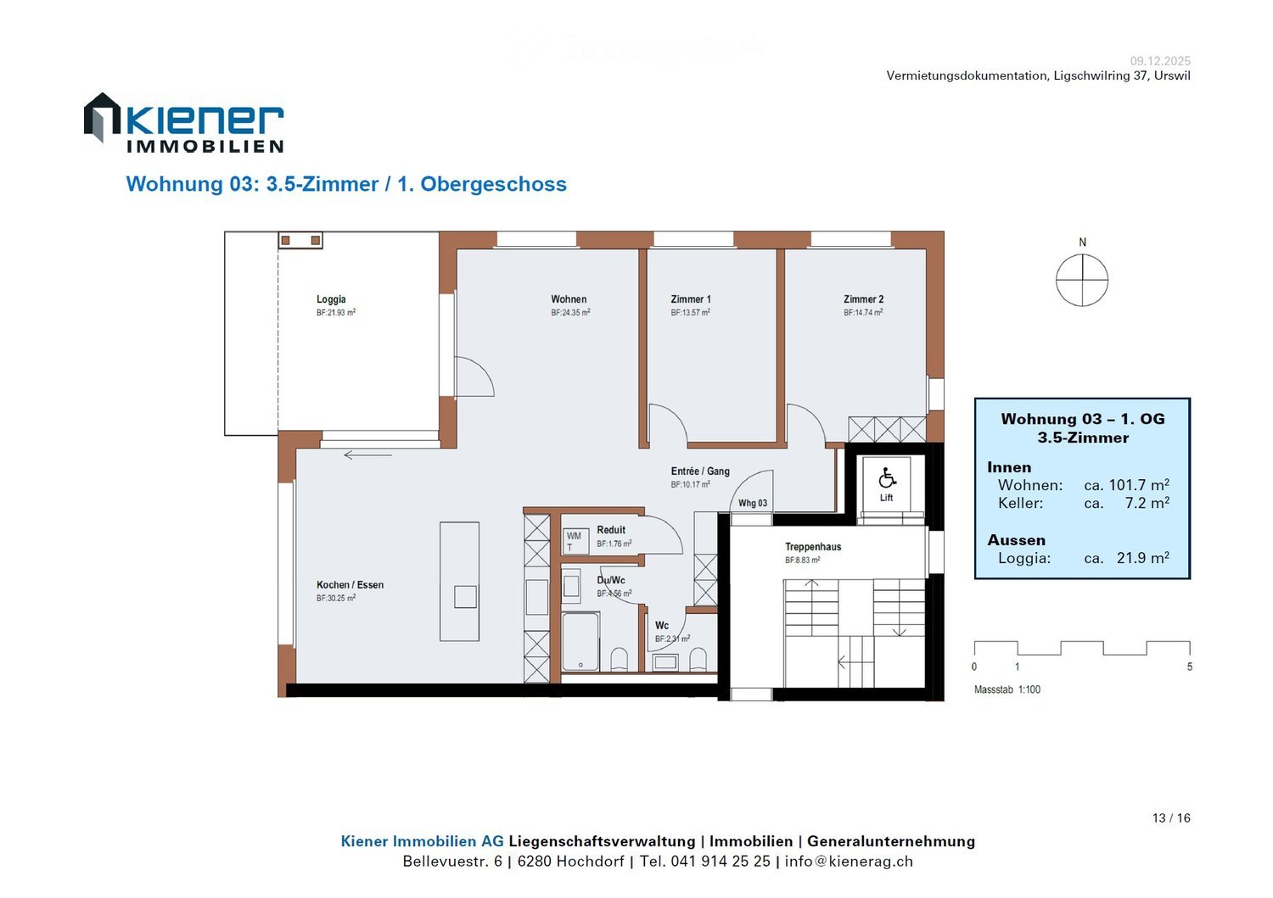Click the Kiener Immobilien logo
click(x=183, y=124)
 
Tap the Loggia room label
click(x=331, y=299)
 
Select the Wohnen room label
click(x=569, y=299)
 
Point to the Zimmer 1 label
click(x=691, y=299)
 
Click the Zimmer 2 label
click(x=863, y=299)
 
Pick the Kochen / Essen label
click(x=350, y=585)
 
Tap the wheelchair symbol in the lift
click(x=887, y=478)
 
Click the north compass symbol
click(x=1082, y=280)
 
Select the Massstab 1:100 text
click(x=1007, y=690)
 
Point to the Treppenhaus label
click(x=813, y=547)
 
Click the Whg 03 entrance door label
click(x=753, y=504)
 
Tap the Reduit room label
click(x=611, y=530)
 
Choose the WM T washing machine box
click(x=575, y=541)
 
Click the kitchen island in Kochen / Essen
click(x=459, y=581)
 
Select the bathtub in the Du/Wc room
click(x=580, y=641)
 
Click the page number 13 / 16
click(x=1171, y=818)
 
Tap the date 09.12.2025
click(x=1160, y=61)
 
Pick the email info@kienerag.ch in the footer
click(x=849, y=862)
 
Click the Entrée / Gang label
click(x=700, y=471)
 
